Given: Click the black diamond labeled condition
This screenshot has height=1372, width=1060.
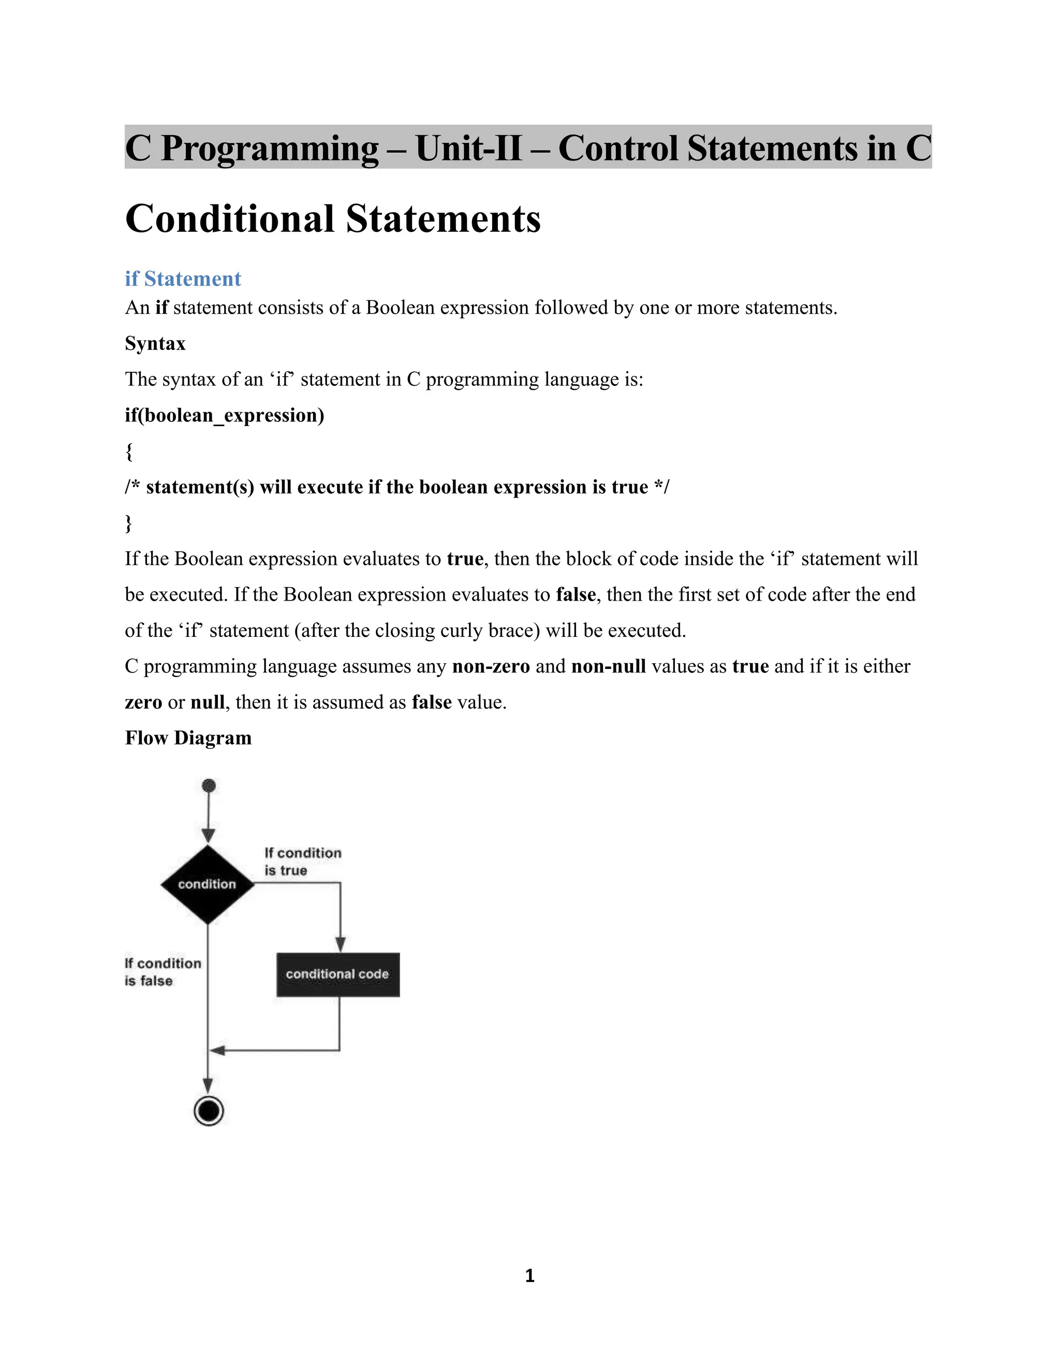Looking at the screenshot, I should coord(207,884).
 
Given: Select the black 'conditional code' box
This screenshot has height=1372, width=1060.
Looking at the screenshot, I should coord(338,974).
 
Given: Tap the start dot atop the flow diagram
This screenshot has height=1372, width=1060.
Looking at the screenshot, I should coord(209,785).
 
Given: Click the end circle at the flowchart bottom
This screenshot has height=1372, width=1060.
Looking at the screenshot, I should coord(209,1111).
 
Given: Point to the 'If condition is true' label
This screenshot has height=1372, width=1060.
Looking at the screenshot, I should coord(303,862).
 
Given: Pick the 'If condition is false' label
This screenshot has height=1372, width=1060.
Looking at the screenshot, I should coord(163,972).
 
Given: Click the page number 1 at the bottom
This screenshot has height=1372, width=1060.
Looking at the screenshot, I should coord(529,1275).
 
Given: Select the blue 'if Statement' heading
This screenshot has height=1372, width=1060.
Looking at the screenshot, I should coord(183,279).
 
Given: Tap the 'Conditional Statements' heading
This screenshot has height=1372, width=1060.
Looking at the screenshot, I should coord(333,218).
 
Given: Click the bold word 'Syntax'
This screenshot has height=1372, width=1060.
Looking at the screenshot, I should coord(155,344).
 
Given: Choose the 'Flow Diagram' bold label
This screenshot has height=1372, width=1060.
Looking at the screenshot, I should coord(188,737).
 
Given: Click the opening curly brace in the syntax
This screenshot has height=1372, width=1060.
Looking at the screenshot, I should coord(129,451).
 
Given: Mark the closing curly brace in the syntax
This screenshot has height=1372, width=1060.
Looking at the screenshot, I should coord(129,523).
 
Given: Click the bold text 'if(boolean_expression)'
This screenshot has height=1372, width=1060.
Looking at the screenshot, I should coord(224,415).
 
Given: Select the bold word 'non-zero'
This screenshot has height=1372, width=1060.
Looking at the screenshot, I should coord(491,666).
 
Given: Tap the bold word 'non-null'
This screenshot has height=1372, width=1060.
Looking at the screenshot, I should coord(609,666).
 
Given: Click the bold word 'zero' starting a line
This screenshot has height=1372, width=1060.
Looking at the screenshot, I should coord(143,702).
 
